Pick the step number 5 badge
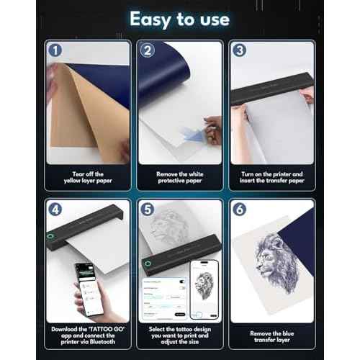(148, 210)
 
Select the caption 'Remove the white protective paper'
(180, 177)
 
